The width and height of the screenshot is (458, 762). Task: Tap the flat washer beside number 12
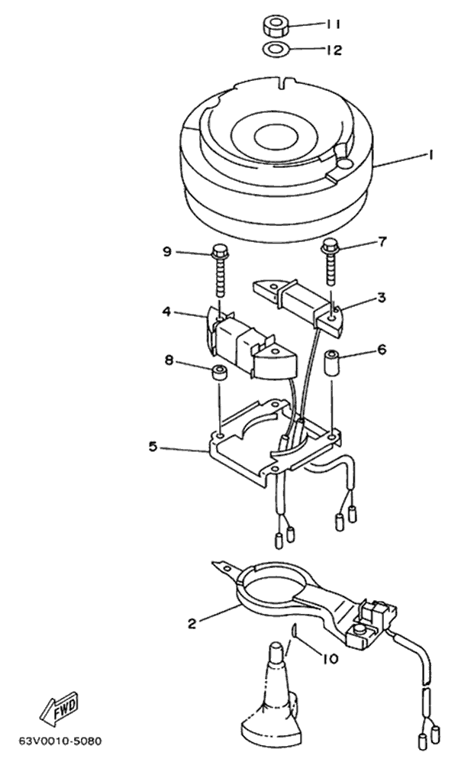276,49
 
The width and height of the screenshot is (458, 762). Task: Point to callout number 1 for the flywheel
429,156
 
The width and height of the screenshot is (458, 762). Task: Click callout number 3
382,298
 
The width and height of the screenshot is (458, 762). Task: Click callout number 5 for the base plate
153,447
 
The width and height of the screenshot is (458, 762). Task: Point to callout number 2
192,624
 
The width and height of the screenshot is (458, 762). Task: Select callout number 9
166,253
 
